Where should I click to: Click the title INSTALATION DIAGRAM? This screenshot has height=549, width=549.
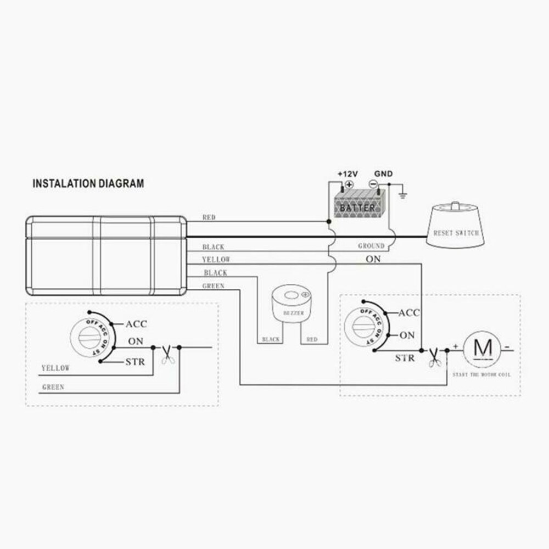click(x=88, y=183)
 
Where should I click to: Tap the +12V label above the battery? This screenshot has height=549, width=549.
click(x=347, y=174)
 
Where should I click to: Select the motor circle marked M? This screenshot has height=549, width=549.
click(x=484, y=347)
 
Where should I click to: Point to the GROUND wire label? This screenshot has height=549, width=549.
click(x=371, y=246)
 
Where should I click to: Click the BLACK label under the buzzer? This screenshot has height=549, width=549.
click(x=271, y=340)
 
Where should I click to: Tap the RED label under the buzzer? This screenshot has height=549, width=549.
click(x=312, y=340)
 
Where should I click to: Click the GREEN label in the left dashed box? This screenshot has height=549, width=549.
click(x=53, y=387)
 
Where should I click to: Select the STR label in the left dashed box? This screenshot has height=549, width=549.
click(x=135, y=362)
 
